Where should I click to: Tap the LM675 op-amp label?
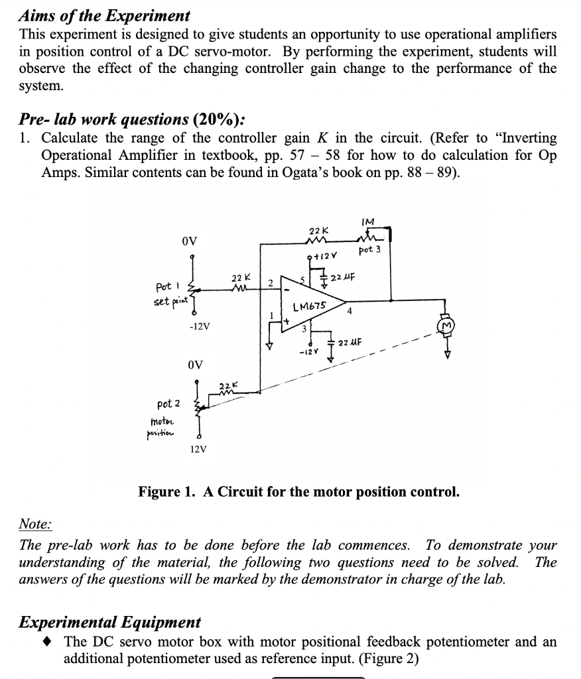(x=310, y=306)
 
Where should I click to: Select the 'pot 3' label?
(x=369, y=250)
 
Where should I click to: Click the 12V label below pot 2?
(x=198, y=449)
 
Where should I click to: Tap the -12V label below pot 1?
(x=200, y=326)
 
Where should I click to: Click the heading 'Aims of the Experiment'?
(x=104, y=15)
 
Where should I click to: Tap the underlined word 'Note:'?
(x=35, y=525)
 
